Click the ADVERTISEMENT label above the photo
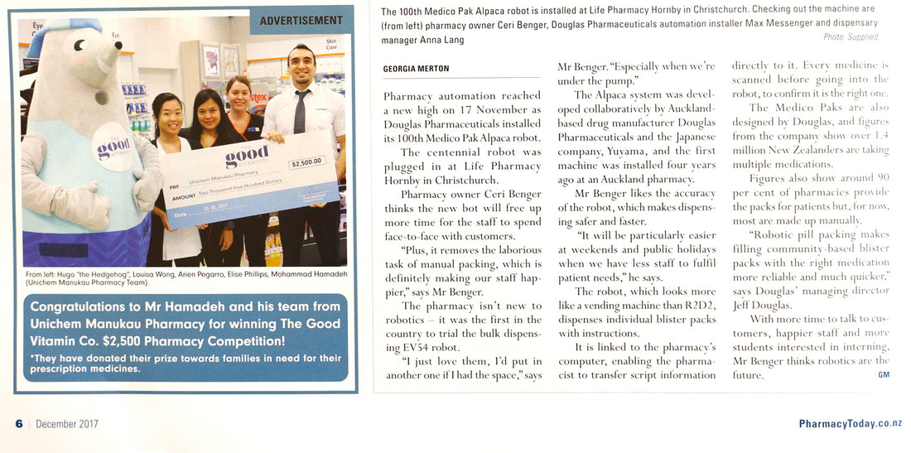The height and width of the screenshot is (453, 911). tap(301, 21)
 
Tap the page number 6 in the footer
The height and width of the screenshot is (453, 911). tap(18, 424)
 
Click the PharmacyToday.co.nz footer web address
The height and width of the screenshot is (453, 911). tap(850, 424)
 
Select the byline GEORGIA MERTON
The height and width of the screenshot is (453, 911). tap(417, 70)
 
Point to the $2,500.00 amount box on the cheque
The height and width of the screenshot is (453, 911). tap(306, 162)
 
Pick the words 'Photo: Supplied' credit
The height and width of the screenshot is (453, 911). tap(851, 37)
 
